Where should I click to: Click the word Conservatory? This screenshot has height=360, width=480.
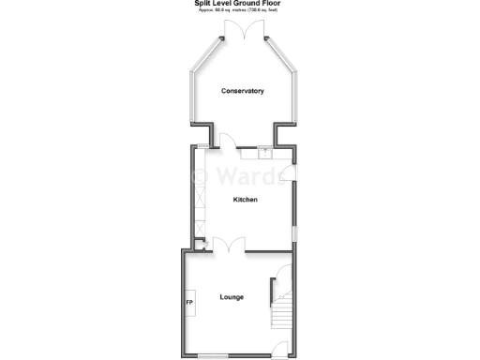coord(242,91)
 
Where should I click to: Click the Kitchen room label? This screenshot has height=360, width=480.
coord(245,200)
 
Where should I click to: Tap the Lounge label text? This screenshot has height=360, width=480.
coord(232,297)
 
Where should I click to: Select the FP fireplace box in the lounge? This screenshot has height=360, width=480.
coord(189,304)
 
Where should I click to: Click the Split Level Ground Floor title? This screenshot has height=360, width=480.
coord(241,4)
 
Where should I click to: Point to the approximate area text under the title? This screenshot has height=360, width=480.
coord(241,11)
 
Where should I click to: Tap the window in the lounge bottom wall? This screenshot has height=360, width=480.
coord(211,355)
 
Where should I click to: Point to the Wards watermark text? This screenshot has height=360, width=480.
coord(246,175)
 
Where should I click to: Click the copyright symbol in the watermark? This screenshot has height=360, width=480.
coord(200,176)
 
